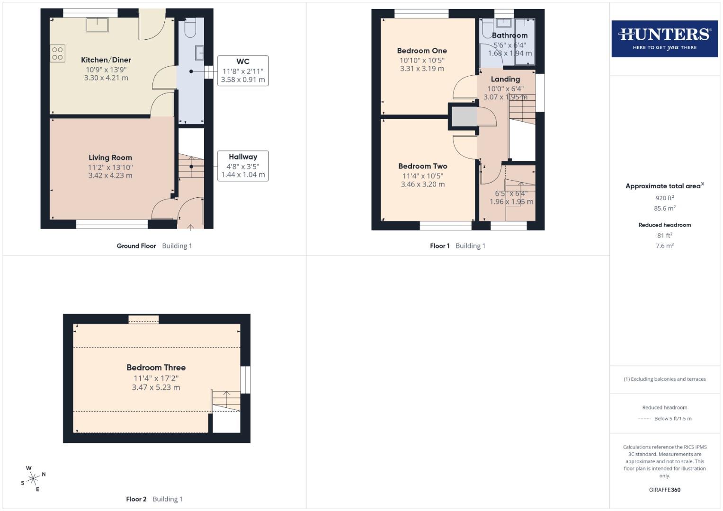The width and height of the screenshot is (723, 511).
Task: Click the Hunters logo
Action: [664, 38]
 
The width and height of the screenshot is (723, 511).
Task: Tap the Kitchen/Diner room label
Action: [106, 60]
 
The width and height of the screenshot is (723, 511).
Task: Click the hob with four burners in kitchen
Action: [57, 53]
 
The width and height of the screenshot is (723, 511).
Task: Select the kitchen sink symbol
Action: [97, 25]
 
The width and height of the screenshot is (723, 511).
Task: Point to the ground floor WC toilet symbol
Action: [190, 27]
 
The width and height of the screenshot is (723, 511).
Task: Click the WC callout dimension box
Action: [243, 71]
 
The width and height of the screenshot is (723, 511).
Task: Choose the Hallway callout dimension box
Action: [243, 166]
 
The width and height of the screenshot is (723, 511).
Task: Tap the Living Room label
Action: [110, 158]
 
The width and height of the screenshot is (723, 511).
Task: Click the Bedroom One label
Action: [422, 51]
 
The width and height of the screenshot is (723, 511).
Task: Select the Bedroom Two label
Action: [423, 166]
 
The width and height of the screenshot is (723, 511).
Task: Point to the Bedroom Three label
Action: [156, 368]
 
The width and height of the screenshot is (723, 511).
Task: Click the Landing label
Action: [505, 79]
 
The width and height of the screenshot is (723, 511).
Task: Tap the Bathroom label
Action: [509, 35]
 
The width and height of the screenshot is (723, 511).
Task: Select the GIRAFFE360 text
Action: [664, 490]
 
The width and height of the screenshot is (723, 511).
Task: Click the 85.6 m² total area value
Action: [664, 208]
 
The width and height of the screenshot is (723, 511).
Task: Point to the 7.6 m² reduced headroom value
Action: [664, 246]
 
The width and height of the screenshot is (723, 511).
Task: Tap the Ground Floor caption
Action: [136, 246]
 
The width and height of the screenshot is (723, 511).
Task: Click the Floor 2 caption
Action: [136, 499]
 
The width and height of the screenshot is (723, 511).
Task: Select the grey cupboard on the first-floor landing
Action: [464, 116]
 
